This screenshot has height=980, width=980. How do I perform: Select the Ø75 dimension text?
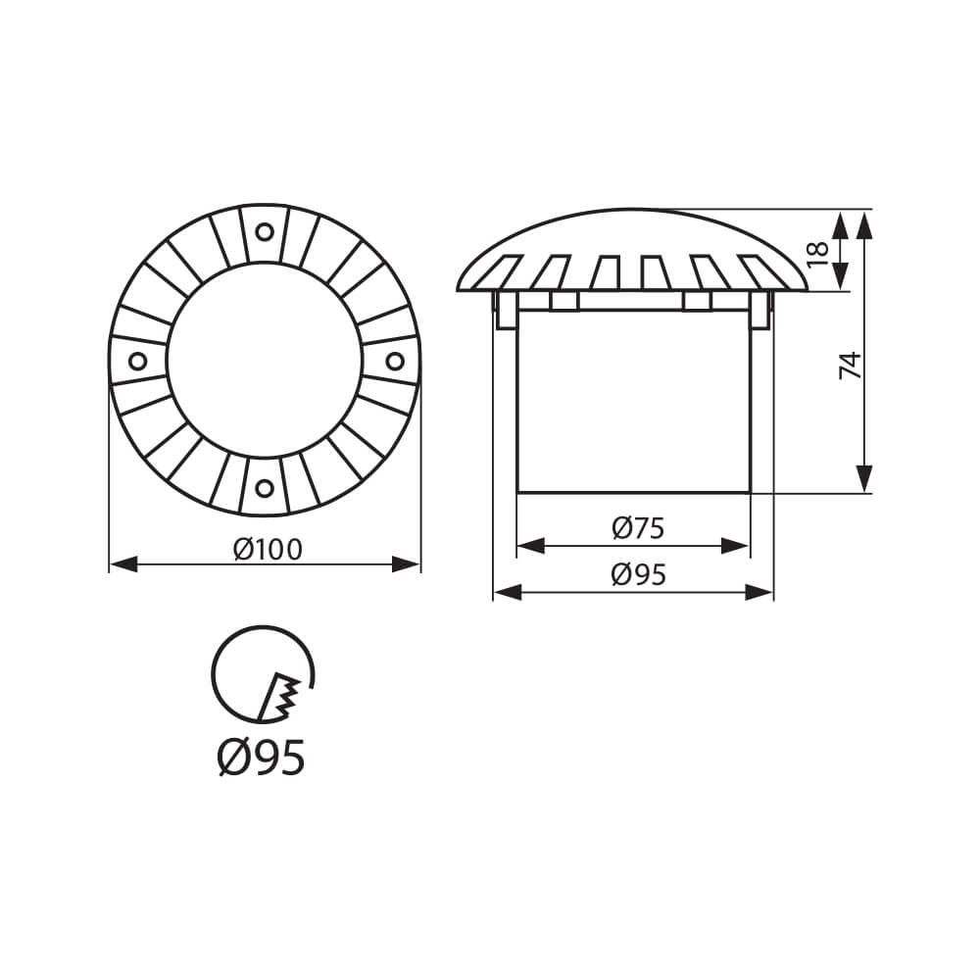pyautogui.click(x=638, y=529)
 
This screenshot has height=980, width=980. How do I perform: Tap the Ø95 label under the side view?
pyautogui.click(x=638, y=575)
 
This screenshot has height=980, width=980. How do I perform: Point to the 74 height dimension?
pyautogui.click(x=850, y=365)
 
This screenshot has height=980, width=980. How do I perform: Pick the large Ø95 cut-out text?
pyautogui.click(x=261, y=757)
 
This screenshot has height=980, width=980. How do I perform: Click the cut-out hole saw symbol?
pyautogui.click(x=263, y=674)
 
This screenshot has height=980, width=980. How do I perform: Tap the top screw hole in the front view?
pyautogui.click(x=265, y=232)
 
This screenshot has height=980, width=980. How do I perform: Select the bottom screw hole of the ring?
pyautogui.click(x=265, y=487)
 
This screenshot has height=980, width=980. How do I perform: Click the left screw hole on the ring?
pyautogui.click(x=138, y=361)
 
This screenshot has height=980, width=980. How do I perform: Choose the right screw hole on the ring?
pyautogui.click(x=394, y=361)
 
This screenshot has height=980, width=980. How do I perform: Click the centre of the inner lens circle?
pyautogui.click(x=265, y=361)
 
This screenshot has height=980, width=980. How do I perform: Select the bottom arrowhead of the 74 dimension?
pyautogui.click(x=863, y=479)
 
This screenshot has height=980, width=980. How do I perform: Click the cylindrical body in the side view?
pyautogui.click(x=632, y=402)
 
